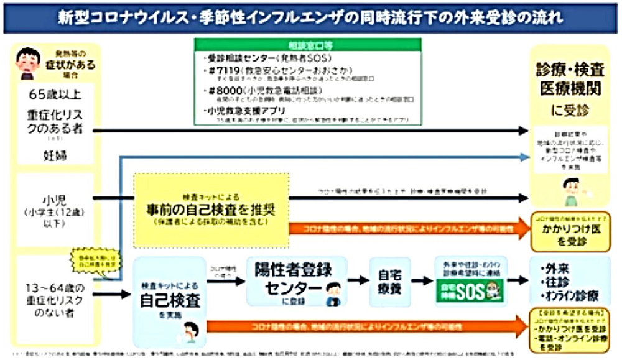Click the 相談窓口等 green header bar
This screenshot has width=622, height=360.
click(307, 44)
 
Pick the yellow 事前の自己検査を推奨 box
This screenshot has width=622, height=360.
click(211, 209)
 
